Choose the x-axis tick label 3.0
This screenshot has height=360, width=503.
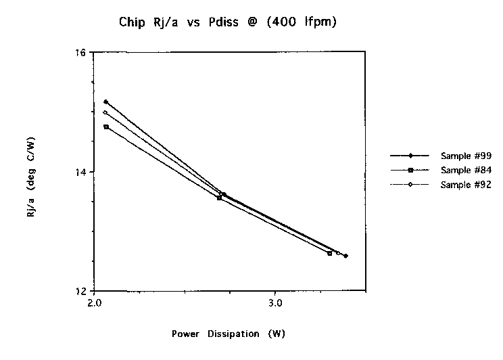click(x=275, y=302)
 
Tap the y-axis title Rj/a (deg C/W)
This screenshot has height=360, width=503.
click(x=32, y=172)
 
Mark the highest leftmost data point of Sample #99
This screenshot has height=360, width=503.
click(x=106, y=102)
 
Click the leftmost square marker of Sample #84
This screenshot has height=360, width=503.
click(x=106, y=127)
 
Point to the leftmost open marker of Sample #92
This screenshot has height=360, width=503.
click(x=105, y=112)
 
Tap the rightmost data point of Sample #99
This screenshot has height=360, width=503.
click(x=345, y=256)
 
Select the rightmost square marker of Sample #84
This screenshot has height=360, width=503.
click(x=330, y=253)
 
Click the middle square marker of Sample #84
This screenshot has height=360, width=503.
click(x=219, y=198)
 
